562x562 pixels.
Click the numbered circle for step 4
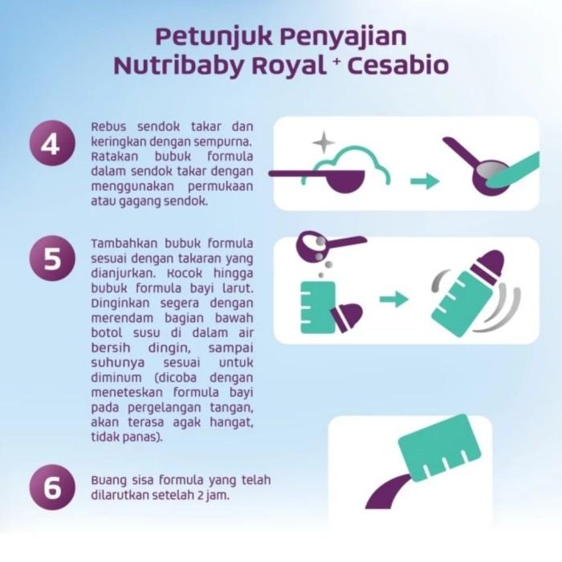point(52,143)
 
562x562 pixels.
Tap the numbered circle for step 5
point(52,258)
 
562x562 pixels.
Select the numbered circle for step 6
point(52,487)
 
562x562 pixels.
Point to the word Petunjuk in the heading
point(214,37)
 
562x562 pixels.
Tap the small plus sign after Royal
point(336,60)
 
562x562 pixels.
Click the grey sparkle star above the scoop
point(324,142)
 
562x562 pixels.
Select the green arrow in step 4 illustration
point(425,181)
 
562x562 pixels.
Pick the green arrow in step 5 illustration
point(394,299)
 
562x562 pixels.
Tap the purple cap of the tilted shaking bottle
point(489,263)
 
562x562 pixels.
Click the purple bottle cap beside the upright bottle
point(346,317)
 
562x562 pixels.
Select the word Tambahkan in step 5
point(124,243)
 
